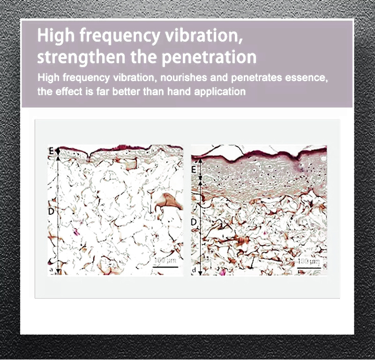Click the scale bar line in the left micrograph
[x=165, y=267]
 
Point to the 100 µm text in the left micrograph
[x=165, y=261]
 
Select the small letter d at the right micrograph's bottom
[x=194, y=270]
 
